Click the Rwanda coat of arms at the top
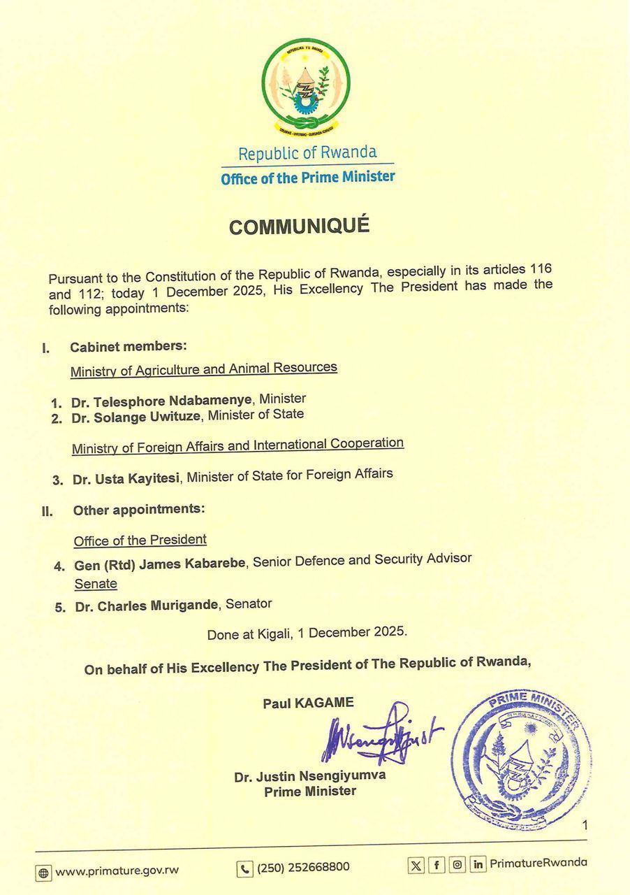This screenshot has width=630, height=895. pos(307,87)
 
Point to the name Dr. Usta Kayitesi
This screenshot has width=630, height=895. pos(127,479)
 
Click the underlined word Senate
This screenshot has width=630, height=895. pos(96,584)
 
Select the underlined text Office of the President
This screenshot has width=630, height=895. pos(140,540)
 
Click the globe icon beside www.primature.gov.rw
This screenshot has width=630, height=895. pos(43,872)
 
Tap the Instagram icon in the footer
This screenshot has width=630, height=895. pos(457,865)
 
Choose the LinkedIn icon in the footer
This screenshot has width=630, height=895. pos(478,865)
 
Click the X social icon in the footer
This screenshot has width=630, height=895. pos(416,866)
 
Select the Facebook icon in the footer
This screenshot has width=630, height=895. pos(437,866)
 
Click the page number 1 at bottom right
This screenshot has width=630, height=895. pos(585,826)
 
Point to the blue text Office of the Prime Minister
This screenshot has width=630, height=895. pos(308,178)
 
